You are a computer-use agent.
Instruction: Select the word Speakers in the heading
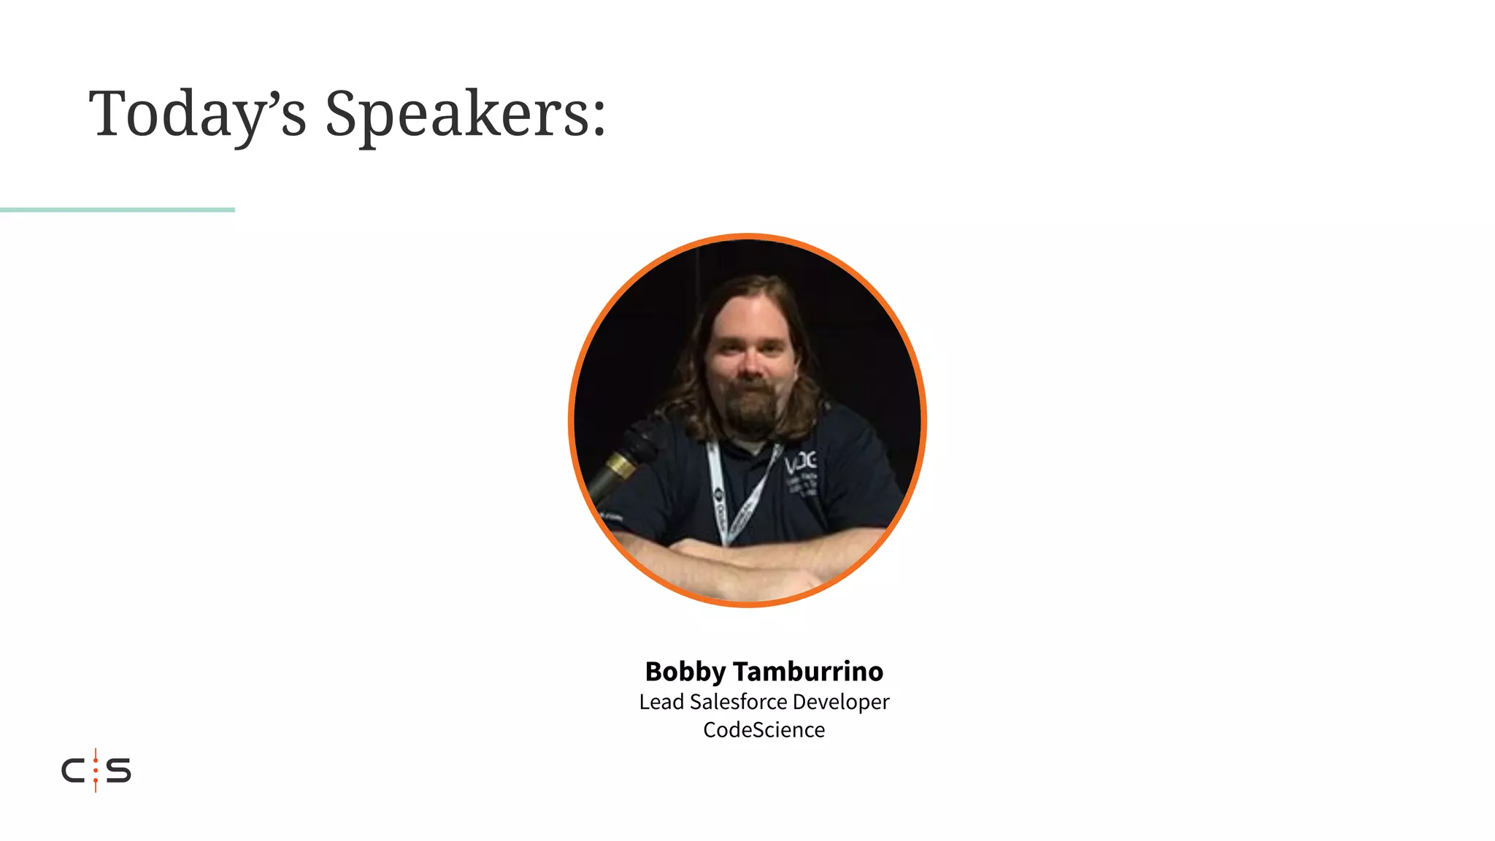456,114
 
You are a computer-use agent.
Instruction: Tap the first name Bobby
685,671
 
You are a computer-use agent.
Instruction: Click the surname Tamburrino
808,671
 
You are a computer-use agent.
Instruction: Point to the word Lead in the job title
661,702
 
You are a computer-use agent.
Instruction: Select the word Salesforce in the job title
738,702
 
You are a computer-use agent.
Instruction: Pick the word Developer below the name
841,702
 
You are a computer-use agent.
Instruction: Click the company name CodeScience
764,729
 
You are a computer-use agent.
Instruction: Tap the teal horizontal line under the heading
117,210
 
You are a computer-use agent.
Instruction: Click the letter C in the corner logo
74,771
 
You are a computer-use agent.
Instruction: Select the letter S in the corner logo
119,771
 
